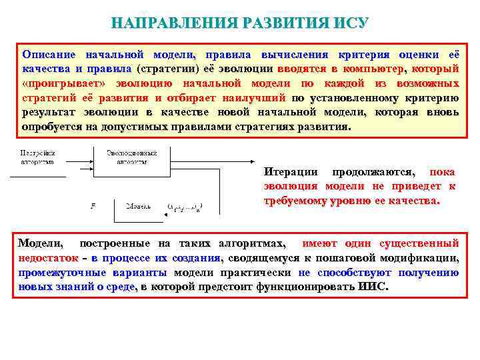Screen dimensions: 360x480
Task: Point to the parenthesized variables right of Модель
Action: pos(185,207)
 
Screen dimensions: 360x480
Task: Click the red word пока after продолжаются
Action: pos(443,171)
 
